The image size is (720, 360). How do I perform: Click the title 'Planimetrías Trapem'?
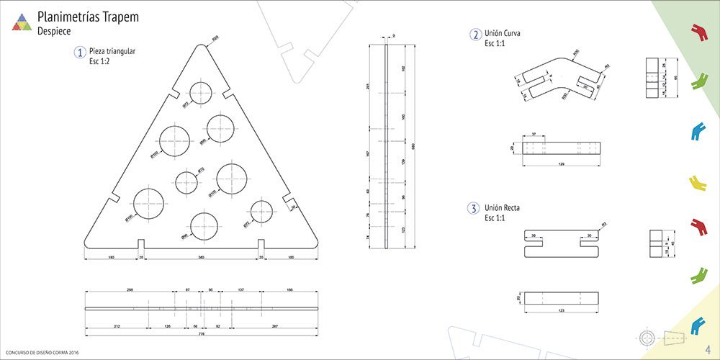tap(88, 17)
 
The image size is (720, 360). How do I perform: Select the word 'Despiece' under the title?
tap(54, 32)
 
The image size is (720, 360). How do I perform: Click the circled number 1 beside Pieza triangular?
tap(79, 53)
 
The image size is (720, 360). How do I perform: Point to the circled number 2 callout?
tap(475, 35)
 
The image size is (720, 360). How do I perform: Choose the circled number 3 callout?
tap(473, 209)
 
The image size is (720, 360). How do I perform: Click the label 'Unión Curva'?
tap(503, 34)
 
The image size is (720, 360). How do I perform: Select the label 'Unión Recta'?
tap(503, 208)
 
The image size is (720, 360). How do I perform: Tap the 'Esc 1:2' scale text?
tap(101, 62)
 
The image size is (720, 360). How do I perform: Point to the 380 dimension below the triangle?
tap(200, 257)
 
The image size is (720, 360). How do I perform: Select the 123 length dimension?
tap(561, 311)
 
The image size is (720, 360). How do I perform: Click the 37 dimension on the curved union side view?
tap(534, 135)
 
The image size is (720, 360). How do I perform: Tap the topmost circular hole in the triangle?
tap(201, 93)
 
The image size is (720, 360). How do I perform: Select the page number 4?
tap(708, 348)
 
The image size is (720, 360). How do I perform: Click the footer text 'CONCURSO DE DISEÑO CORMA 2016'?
tap(41, 352)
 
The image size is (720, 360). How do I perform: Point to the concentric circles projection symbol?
tap(648, 337)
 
